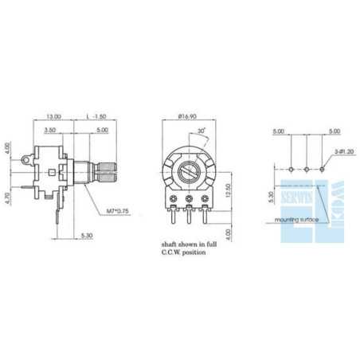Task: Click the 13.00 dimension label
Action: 54,115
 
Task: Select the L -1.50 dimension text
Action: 97,115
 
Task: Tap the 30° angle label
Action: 202,131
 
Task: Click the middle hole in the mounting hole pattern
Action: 307,169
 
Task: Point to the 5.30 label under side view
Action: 88,237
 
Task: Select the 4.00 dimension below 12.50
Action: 229,234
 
